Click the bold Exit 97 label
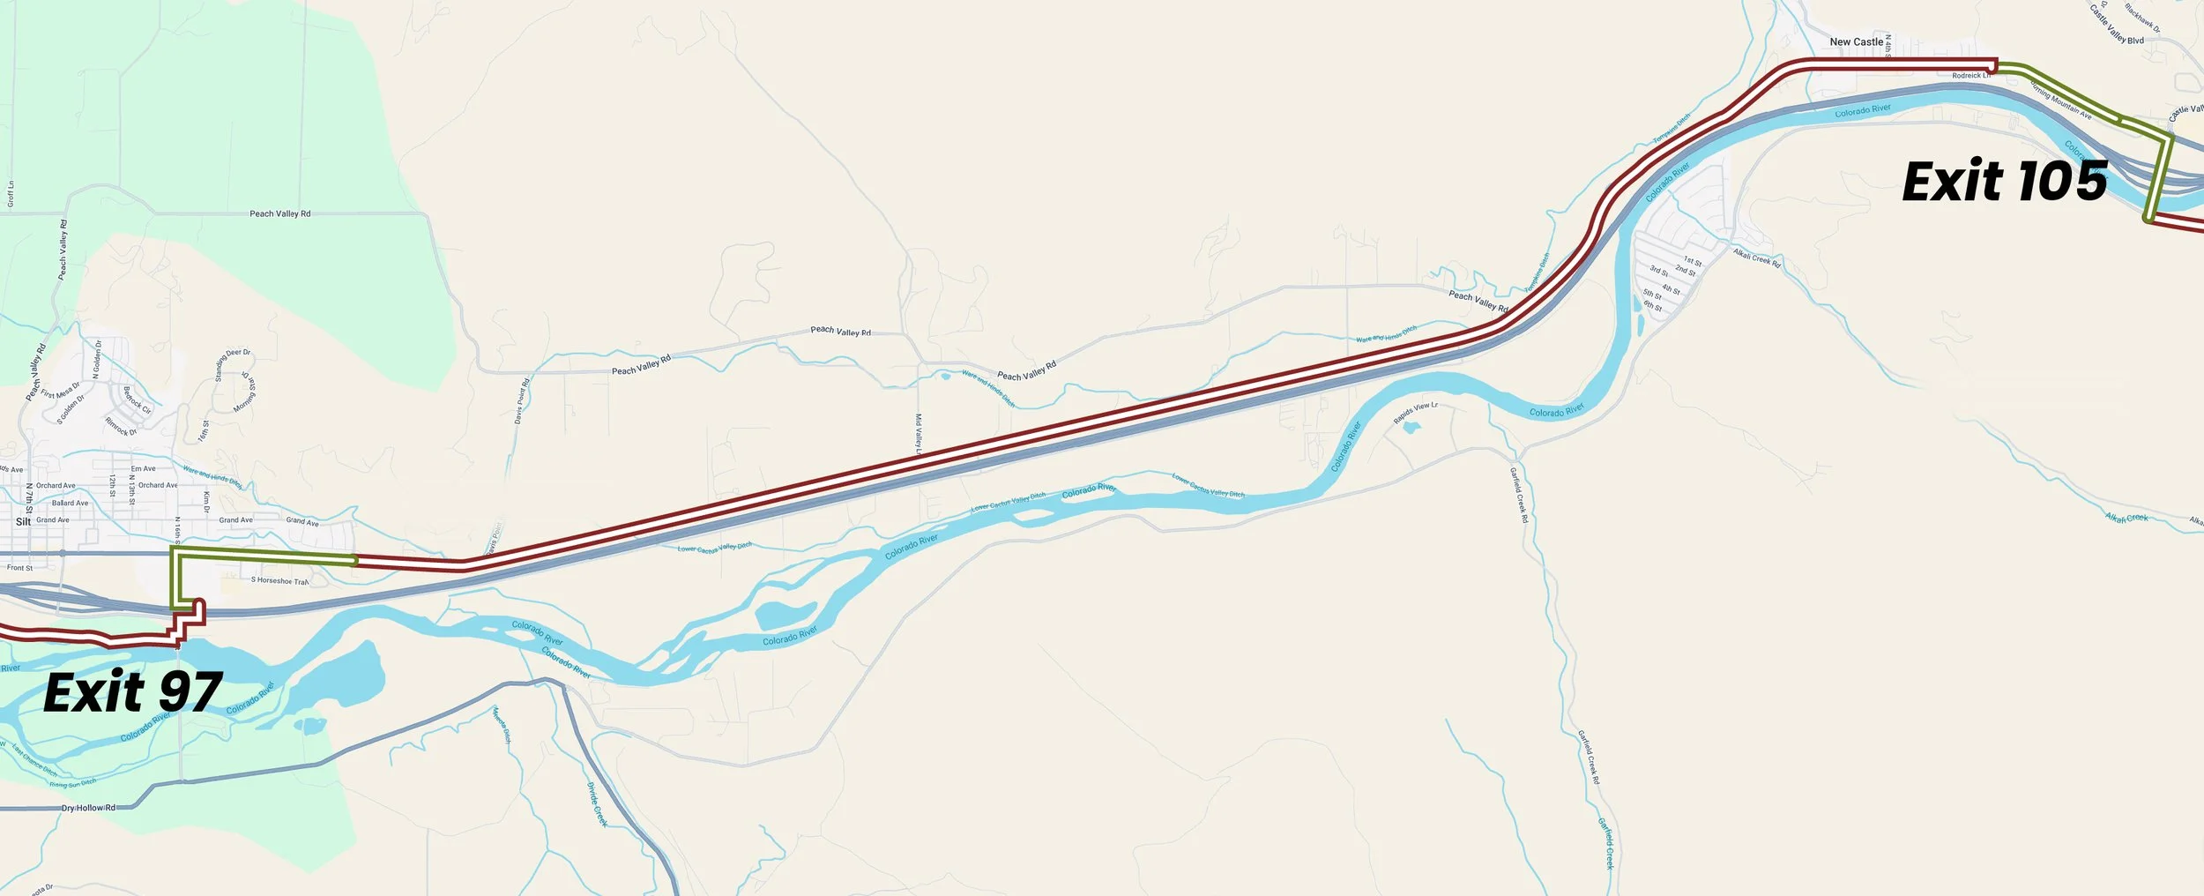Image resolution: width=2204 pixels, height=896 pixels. pos(132,693)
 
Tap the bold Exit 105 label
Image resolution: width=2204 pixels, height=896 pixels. pos(2004,183)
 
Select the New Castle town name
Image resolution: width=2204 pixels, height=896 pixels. pos(1856,41)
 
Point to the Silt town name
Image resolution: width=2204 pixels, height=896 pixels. pos(23,521)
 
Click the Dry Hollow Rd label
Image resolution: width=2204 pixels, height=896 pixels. pos(88,808)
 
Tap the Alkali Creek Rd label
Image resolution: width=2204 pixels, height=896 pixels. pos(1756,258)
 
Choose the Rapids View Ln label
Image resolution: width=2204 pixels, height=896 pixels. pos(1415,412)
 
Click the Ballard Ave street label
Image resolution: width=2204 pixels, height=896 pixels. pos(70,503)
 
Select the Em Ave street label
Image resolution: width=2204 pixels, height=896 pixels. pos(143,468)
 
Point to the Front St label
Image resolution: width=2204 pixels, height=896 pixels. pos(19,568)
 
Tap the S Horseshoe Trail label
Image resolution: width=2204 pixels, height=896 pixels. pos(279,580)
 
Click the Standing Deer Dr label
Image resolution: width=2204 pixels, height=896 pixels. pos(232,365)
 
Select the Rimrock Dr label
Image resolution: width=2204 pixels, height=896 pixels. pos(121,427)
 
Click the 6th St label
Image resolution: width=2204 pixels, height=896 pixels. pos(1652,306)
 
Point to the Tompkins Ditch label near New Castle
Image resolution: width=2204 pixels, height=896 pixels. pos(1672,129)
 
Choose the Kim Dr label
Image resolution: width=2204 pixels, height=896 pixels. pos(206,502)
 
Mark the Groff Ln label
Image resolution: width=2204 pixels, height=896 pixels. pos(11,193)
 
